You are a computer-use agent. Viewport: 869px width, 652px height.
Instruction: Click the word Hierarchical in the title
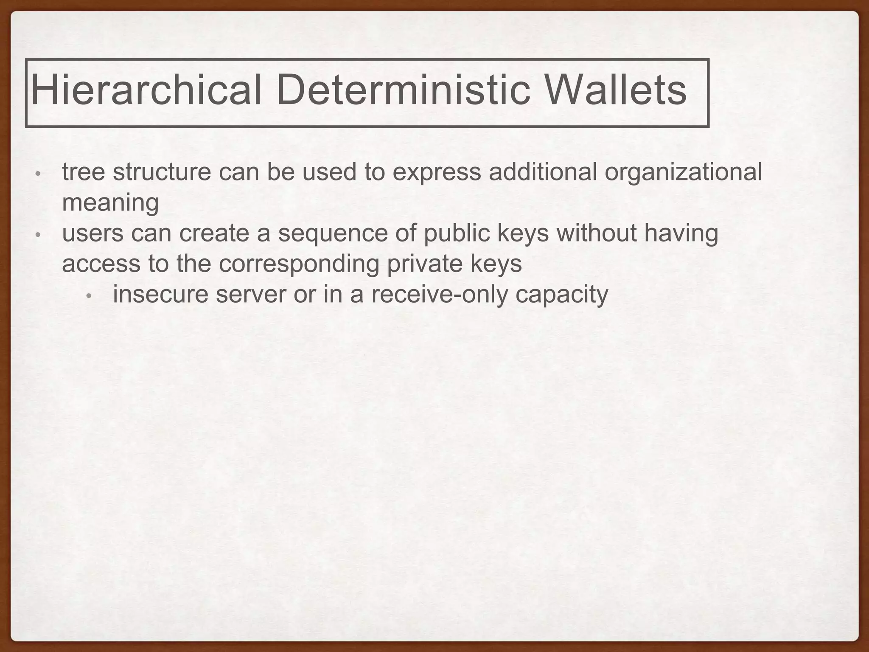146,90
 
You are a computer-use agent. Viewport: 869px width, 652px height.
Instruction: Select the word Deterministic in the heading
403,90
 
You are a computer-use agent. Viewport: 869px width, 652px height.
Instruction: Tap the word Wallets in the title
615,90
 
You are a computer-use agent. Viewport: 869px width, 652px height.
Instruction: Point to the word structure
162,173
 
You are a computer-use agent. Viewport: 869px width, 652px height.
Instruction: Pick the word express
437,173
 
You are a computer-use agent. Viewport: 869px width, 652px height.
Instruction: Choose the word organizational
683,173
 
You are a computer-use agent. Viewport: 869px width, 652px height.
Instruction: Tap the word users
93,233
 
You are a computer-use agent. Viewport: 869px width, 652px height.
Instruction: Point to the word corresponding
299,264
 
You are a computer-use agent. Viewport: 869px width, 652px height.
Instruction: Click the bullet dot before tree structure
38,174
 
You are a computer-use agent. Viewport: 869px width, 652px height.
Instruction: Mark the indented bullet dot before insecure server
89,296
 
